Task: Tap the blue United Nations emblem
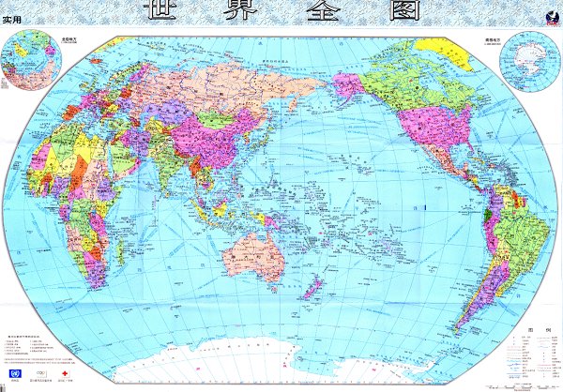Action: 16,374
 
